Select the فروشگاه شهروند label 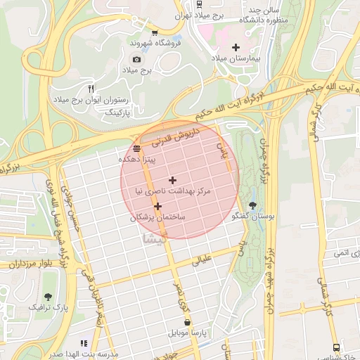pos(155,43)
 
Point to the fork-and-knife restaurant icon pos(90,89)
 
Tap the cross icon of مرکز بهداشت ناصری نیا pos(172,181)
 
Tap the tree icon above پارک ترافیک pos(48,297)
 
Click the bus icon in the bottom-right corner pos(336,347)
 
